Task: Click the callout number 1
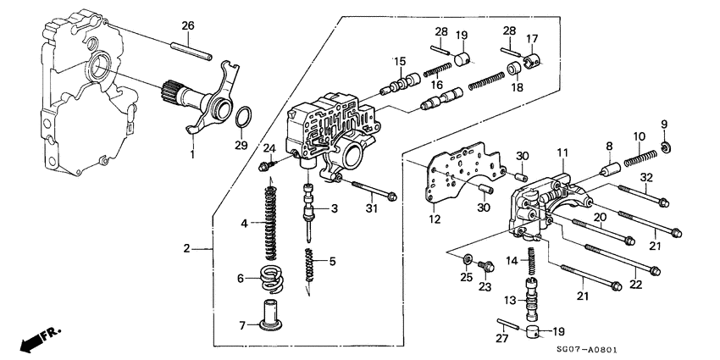pyautogui.click(x=192, y=155)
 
